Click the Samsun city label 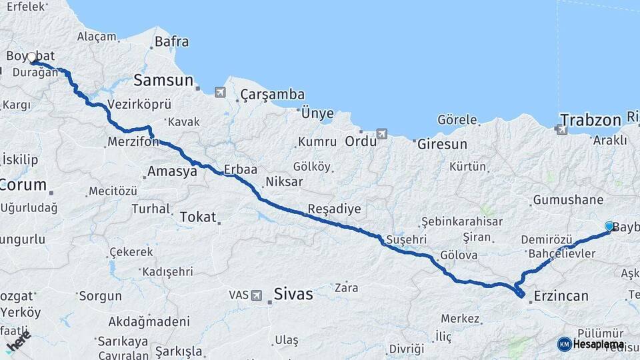click(163, 81)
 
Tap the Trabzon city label click(590, 121)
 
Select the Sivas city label click(293, 293)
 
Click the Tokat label click(198, 217)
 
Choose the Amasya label click(172, 171)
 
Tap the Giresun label click(440, 143)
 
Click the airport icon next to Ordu click(381, 134)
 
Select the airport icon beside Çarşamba click(220, 92)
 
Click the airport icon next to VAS click(257, 295)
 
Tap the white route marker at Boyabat click(31, 58)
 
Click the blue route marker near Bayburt click(609, 227)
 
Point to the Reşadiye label click(334, 209)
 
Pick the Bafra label click(172, 42)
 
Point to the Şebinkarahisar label click(463, 221)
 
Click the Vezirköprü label click(139, 105)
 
